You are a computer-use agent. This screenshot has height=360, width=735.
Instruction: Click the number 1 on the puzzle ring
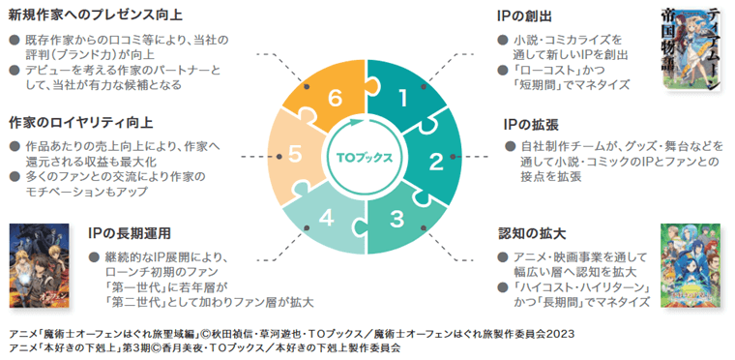[x=403, y=98]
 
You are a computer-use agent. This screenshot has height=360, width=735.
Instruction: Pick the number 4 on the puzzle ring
[x=327, y=218]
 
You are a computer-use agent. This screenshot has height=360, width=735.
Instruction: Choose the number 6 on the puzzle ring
[x=334, y=98]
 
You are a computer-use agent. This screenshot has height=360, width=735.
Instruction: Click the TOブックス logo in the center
[x=366, y=156]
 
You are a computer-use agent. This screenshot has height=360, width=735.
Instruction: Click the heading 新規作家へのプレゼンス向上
[x=95, y=15]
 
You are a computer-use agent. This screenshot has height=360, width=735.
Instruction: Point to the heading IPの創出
[x=524, y=15]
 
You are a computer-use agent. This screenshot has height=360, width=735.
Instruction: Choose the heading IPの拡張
[x=531, y=124]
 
